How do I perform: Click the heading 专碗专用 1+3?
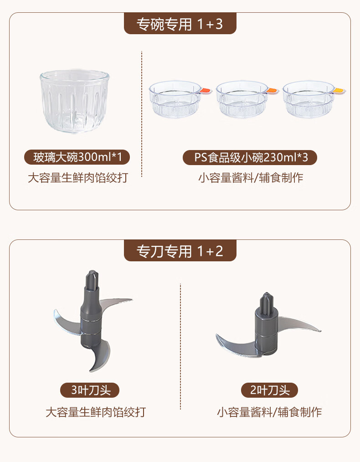pyautogui.click(x=180, y=24)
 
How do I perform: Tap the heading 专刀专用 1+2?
pyautogui.click(x=180, y=251)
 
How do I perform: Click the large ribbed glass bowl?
pyautogui.click(x=75, y=101)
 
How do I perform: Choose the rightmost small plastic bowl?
pyautogui.click(x=309, y=99)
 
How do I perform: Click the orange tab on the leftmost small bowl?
pyautogui.click(x=206, y=91)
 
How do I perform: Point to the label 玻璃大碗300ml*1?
pyautogui.click(x=77, y=157)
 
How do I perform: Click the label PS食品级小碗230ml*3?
pyautogui.click(x=250, y=157)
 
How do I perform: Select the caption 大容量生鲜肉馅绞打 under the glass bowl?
pyautogui.click(x=78, y=178)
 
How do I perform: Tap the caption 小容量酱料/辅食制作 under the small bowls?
pyautogui.click(x=251, y=178)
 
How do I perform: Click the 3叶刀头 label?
pyautogui.click(x=90, y=390)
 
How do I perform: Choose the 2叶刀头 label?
pyautogui.click(x=269, y=390)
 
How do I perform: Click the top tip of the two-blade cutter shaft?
pyautogui.click(x=267, y=293)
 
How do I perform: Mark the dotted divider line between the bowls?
pyautogui.click(x=142, y=114)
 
